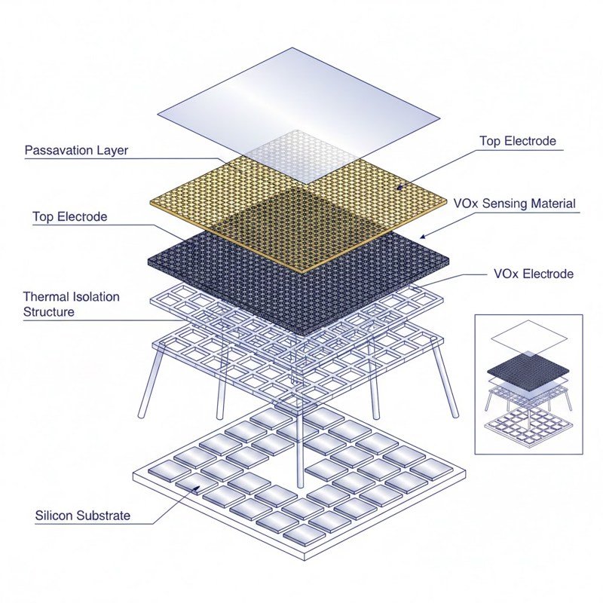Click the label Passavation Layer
[76, 150]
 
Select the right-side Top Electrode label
[517, 141]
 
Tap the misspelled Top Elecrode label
[69, 217]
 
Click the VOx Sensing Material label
[514, 204]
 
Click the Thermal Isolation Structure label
[71, 304]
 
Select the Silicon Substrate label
[82, 516]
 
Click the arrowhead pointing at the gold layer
[399, 185]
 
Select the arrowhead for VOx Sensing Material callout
[422, 237]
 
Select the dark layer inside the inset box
[528, 367]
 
